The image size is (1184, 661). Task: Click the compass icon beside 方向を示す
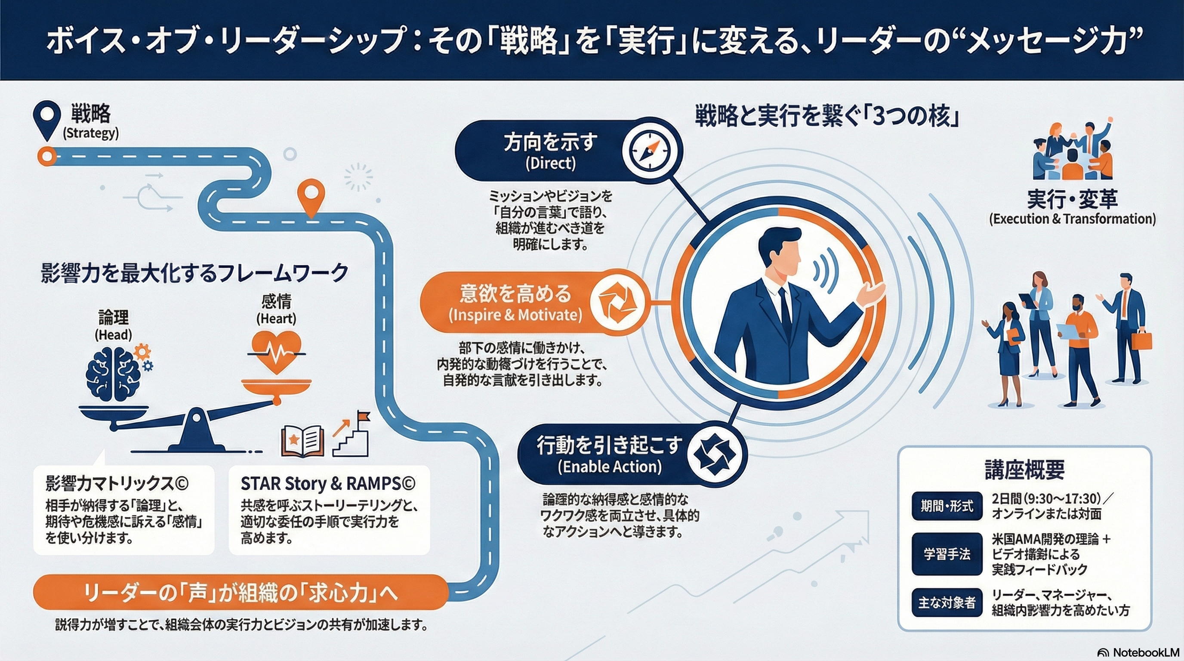(652, 151)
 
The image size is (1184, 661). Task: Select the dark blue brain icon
(114, 372)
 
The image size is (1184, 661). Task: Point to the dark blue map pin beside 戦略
(47, 119)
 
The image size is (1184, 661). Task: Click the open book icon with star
(302, 441)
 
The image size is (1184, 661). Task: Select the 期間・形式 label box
(947, 506)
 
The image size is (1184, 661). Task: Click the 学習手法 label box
(947, 554)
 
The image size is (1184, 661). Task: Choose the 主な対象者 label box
(947, 602)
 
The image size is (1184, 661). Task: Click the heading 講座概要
(1024, 470)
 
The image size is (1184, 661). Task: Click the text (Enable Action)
(610, 467)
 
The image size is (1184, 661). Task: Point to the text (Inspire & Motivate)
(515, 315)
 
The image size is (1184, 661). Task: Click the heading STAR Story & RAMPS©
(328, 484)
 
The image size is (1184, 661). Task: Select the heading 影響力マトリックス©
(117, 484)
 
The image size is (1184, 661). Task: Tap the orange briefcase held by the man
(1141, 340)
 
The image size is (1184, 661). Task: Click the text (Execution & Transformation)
(1072, 219)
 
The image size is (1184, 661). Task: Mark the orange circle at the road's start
(46, 156)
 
